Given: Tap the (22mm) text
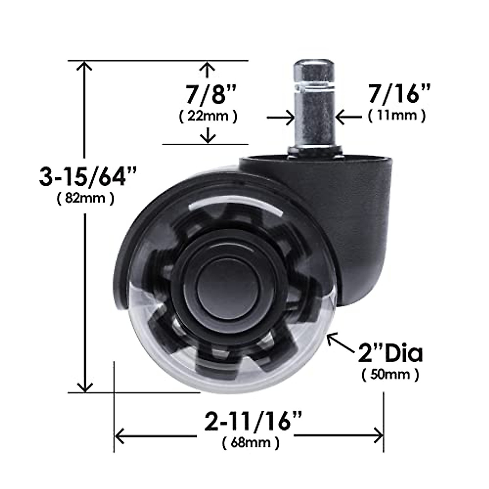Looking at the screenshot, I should (208, 117).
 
